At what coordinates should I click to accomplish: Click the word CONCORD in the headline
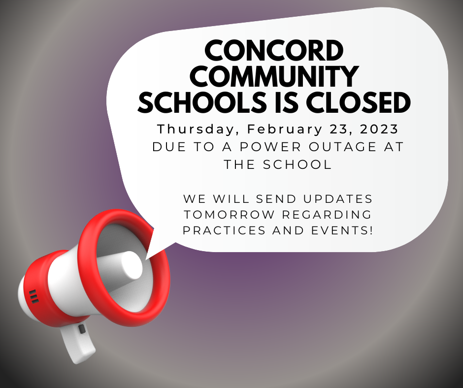pyautogui.click(x=274, y=50)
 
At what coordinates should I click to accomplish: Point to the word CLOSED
pyautogui.click(x=358, y=102)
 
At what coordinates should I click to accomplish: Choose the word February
pyautogui.click(x=285, y=129)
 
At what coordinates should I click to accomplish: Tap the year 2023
pyautogui.click(x=379, y=129)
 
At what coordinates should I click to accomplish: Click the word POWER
pyautogui.click(x=270, y=147)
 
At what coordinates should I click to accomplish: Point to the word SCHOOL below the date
pyautogui.click(x=298, y=164)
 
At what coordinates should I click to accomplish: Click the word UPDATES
pyautogui.click(x=338, y=199)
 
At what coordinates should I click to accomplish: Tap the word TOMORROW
pyautogui.click(x=229, y=214)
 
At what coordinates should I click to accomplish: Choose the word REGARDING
pyautogui.click(x=327, y=214)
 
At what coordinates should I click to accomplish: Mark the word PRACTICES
pyautogui.click(x=224, y=230)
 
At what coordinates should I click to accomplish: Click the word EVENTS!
pyautogui.click(x=342, y=230)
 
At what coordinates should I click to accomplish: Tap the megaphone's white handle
pyautogui.click(x=77, y=343)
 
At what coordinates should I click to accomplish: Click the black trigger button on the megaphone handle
pyautogui.click(x=82, y=329)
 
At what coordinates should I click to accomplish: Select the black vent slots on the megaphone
pyautogui.click(x=33, y=296)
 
